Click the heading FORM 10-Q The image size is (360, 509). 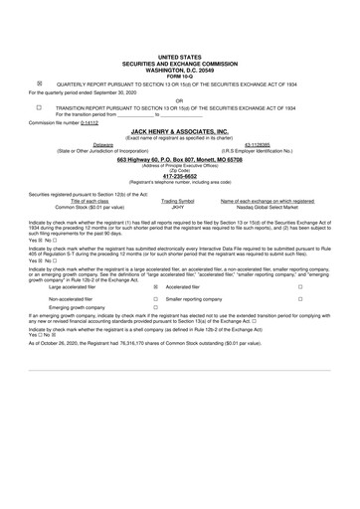(179, 75)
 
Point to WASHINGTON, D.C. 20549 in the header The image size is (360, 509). (179, 70)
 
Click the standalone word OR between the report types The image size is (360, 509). (179, 99)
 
